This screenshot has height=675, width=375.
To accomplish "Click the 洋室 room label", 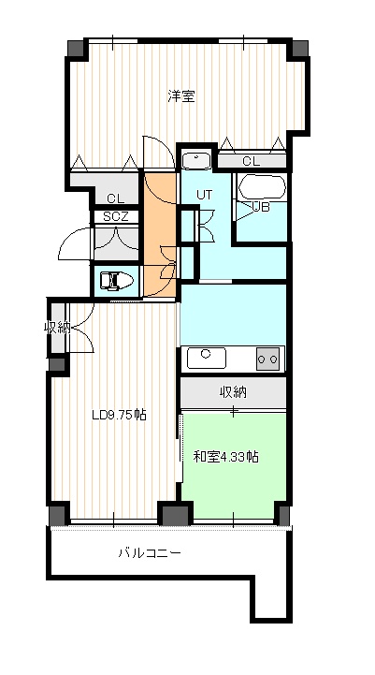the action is (x=181, y=96).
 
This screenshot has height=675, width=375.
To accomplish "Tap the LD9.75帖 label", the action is (x=119, y=415).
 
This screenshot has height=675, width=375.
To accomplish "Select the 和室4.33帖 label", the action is (x=225, y=456).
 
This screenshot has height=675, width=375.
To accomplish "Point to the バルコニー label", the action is (x=150, y=552).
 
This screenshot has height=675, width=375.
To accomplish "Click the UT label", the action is (x=204, y=195).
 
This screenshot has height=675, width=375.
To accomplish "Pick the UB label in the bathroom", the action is (x=261, y=207).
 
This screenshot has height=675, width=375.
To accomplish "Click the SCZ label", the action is (x=116, y=217).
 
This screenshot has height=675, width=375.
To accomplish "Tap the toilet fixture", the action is (x=116, y=281).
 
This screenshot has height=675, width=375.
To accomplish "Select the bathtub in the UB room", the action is (x=262, y=187).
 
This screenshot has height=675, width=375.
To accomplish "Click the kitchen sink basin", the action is (x=207, y=358).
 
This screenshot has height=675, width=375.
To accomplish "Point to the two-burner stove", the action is (x=267, y=359).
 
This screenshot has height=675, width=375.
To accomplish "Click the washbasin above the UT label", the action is (x=196, y=161).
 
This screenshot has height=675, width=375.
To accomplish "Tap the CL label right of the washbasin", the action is (x=252, y=161).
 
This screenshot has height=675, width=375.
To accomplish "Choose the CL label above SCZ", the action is (x=116, y=198).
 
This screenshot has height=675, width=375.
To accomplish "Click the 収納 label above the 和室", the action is (x=233, y=391).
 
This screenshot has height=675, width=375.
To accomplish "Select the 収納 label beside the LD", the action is (x=57, y=328).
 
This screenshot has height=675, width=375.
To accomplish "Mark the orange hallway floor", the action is (x=160, y=235).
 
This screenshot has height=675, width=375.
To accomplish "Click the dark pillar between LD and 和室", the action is (x=175, y=514).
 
